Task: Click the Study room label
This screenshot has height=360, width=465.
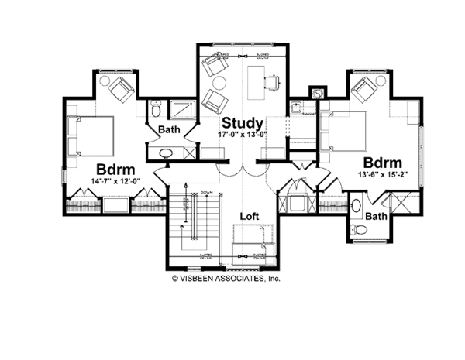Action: click(x=243, y=123)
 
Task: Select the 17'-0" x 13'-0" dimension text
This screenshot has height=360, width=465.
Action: click(x=243, y=135)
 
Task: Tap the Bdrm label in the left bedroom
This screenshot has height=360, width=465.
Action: click(x=117, y=170)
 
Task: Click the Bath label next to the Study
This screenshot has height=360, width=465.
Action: click(x=170, y=129)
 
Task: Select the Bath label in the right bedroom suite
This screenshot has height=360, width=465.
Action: click(x=377, y=216)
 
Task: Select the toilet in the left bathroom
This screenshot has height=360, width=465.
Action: click(x=154, y=108)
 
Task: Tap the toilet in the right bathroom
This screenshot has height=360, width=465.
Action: click(x=357, y=230)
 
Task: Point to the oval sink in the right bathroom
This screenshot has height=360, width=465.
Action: click(x=354, y=207)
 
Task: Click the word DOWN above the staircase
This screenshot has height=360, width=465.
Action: click(x=206, y=191)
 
